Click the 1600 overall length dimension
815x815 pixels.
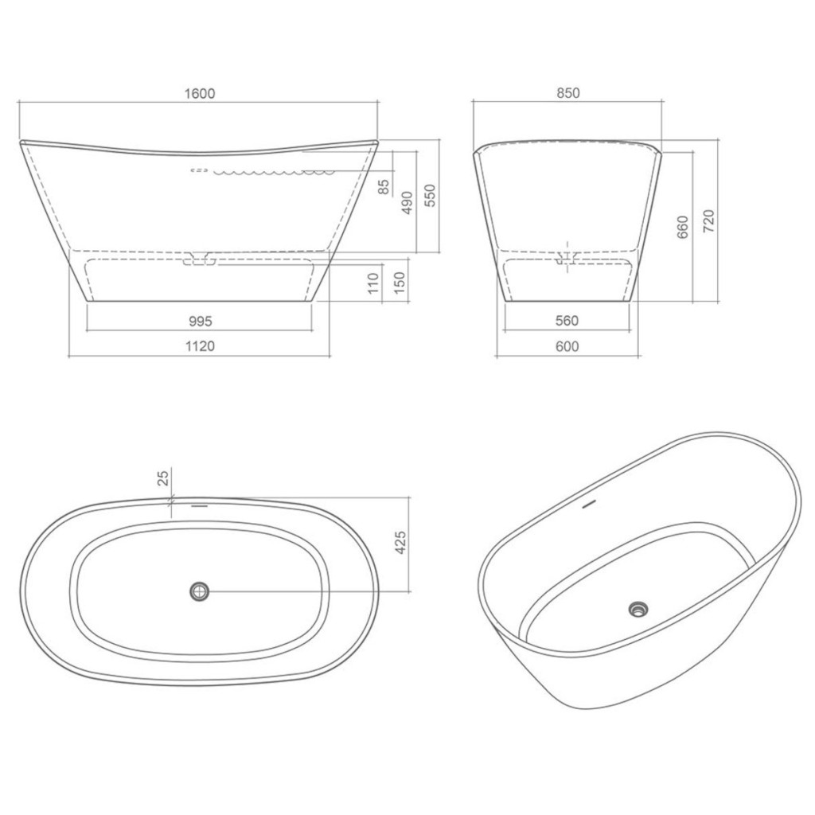pos(200,94)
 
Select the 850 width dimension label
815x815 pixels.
pos(567,93)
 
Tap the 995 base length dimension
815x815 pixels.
pos(200,322)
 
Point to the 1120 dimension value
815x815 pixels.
pos(200,346)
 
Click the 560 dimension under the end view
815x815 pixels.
pos(567,321)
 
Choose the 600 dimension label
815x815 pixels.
pos(567,346)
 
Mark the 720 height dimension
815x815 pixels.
pos(708,221)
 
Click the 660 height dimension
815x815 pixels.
pos(683,227)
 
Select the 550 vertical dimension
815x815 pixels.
pos(431,196)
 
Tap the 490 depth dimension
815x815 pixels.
pos(407,203)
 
